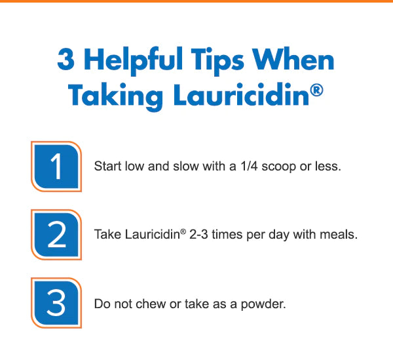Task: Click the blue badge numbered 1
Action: click(x=56, y=167)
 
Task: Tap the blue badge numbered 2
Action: click(x=56, y=235)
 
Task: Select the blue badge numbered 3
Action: click(x=56, y=303)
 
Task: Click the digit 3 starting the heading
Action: click(x=66, y=59)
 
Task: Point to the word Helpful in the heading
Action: click(x=133, y=61)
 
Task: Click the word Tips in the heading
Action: click(x=217, y=61)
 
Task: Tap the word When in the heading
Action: click(x=293, y=59)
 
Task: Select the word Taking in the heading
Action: click(x=115, y=97)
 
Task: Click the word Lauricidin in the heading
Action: click(x=241, y=94)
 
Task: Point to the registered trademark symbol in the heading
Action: click(x=316, y=90)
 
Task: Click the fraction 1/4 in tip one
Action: click(x=249, y=166)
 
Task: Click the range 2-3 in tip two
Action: click(x=198, y=235)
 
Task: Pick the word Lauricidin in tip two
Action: click(x=153, y=235)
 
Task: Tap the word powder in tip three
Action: click(x=263, y=305)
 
